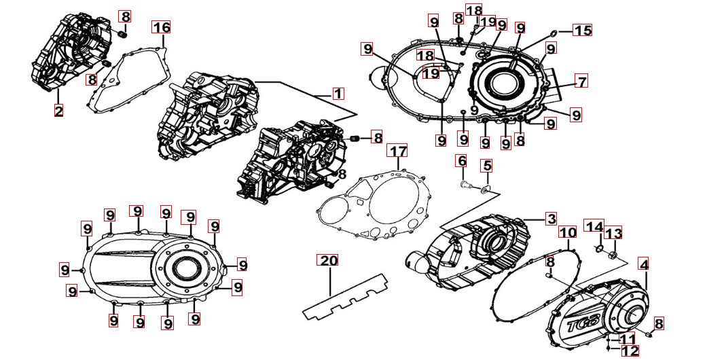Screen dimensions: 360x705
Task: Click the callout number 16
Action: pyautogui.click(x=161, y=28)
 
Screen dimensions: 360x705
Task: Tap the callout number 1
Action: pyautogui.click(x=338, y=93)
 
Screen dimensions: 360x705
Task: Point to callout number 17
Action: pyautogui.click(x=397, y=149)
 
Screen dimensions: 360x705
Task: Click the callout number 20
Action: pyautogui.click(x=329, y=261)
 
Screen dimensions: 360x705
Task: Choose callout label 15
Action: pyautogui.click(x=583, y=31)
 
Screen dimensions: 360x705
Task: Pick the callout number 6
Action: pyautogui.click(x=462, y=161)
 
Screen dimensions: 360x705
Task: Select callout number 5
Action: pyautogui.click(x=488, y=165)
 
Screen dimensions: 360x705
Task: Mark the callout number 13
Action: pyautogui.click(x=613, y=234)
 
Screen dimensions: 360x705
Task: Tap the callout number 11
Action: pyautogui.click(x=628, y=338)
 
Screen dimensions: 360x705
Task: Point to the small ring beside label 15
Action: pyautogui.click(x=554, y=31)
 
